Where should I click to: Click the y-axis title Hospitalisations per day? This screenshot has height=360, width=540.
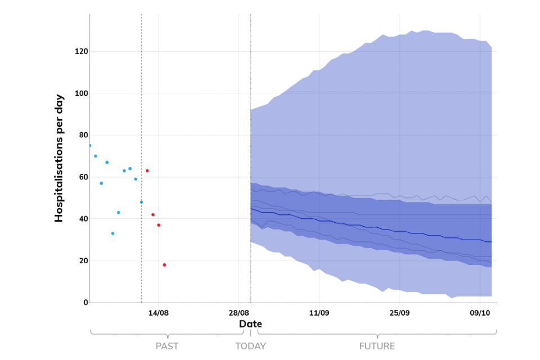click(x=59, y=158)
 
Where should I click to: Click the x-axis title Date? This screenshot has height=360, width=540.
click(x=250, y=324)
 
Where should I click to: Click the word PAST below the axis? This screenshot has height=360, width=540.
click(x=167, y=346)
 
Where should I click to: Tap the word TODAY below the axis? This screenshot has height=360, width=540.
click(x=250, y=346)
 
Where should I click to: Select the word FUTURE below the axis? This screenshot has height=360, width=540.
click(x=377, y=346)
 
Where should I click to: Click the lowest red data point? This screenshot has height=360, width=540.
click(x=164, y=265)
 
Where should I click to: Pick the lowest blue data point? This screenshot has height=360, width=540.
click(x=112, y=233)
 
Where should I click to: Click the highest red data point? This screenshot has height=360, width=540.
click(x=147, y=170)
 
